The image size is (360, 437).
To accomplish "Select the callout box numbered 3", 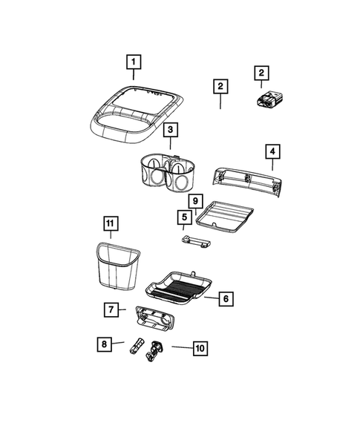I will coord(170,131).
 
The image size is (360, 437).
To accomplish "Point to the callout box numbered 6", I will coord(227,298).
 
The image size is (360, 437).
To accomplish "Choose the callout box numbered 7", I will coord(110,309).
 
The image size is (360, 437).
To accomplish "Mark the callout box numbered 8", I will coord(104,344).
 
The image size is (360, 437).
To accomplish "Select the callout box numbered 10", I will coord(200,346).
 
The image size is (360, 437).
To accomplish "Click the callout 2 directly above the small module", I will coord(261,73).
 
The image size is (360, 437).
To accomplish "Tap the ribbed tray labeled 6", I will coord(182,285).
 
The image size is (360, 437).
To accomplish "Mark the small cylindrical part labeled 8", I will coord(137,347).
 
